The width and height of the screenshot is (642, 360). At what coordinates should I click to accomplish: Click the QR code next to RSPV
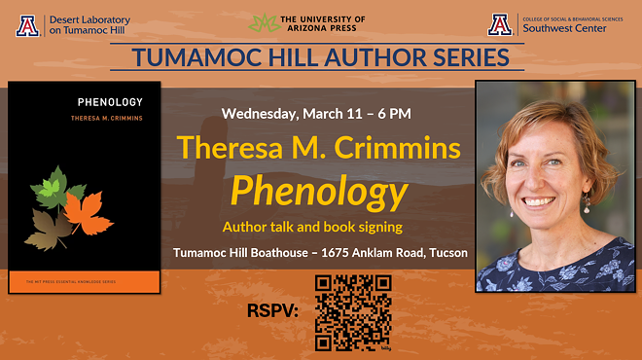[x=353, y=312]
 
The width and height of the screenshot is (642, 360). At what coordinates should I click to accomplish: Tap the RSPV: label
[x=274, y=313]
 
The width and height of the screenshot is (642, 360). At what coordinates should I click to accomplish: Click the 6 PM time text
[x=393, y=114]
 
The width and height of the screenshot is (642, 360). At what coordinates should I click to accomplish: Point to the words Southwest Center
[x=563, y=28]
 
